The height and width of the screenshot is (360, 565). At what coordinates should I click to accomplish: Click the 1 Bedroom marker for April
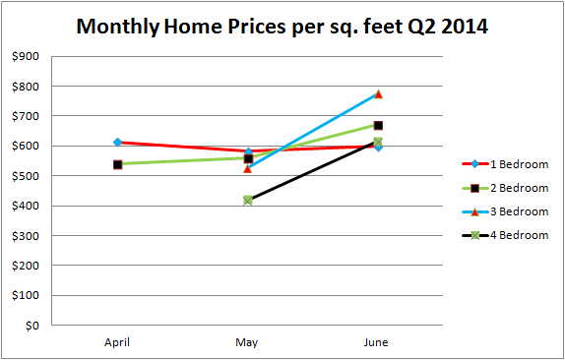(117, 143)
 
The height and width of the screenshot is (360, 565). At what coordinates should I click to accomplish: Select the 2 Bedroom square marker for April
(117, 165)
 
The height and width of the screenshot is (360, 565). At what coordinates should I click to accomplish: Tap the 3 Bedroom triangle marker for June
(378, 94)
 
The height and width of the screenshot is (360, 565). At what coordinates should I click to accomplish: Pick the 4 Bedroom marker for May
(247, 200)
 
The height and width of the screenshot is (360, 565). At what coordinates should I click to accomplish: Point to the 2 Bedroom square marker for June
(378, 125)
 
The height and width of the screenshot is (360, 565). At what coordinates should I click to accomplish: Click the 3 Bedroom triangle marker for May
(247, 168)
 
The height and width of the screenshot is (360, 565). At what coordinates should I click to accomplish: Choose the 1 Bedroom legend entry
(505, 164)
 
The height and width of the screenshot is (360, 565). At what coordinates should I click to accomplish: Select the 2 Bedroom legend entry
(505, 188)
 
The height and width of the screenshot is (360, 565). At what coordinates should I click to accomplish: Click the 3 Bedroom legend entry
(505, 211)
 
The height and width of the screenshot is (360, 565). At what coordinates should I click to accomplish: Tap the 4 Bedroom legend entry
(505, 235)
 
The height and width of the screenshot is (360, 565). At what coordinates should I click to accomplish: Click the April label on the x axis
(117, 342)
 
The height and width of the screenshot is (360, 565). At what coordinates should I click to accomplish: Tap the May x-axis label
(247, 342)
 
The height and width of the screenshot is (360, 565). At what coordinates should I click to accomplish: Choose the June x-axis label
(376, 342)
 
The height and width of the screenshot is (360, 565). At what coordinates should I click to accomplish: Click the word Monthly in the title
(118, 27)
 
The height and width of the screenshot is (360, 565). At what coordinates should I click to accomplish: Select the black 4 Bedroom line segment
(313, 171)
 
